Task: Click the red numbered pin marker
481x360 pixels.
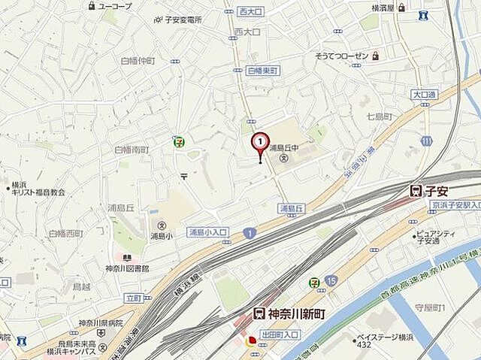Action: point(260,142)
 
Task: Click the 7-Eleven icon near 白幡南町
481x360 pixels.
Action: point(179,141)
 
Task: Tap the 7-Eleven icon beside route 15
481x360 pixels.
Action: point(314,282)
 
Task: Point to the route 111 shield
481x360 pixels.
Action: point(427,141)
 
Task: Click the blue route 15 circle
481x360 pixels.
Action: point(331,280)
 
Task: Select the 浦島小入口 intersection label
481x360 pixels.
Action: point(207,231)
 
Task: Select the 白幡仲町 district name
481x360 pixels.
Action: point(136,60)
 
